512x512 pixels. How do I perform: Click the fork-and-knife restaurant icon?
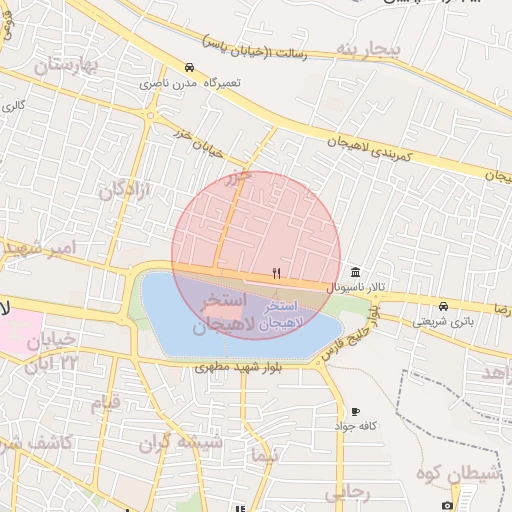[277, 273]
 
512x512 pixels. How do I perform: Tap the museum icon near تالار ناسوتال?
[356, 273]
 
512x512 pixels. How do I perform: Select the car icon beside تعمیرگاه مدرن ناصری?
[189, 67]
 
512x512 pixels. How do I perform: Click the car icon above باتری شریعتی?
[442, 305]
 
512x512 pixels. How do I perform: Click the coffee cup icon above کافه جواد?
[355, 411]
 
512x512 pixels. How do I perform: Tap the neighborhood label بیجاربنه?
[367, 49]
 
